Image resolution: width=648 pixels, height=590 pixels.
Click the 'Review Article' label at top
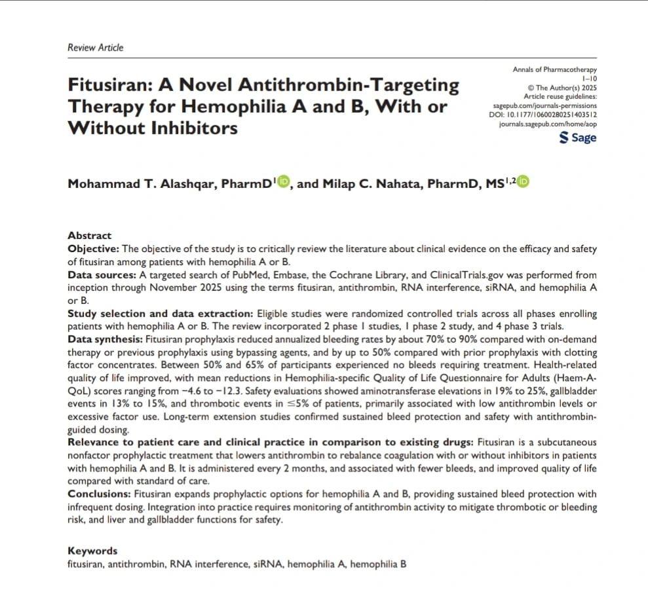(96, 47)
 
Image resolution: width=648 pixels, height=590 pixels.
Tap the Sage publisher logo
(578, 138)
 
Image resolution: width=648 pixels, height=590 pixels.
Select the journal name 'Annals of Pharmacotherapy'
(554, 69)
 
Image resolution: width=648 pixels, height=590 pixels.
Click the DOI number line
(546, 114)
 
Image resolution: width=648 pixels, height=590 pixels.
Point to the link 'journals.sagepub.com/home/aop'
(548, 123)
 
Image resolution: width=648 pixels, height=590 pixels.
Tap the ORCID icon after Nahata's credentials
(523, 183)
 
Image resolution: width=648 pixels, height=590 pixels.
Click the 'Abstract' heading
(90, 235)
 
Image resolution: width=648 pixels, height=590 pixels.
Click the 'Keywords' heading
(92, 551)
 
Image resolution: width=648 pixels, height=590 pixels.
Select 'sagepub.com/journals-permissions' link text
(544, 105)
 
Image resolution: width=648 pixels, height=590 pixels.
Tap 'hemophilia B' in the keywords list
(378, 564)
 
